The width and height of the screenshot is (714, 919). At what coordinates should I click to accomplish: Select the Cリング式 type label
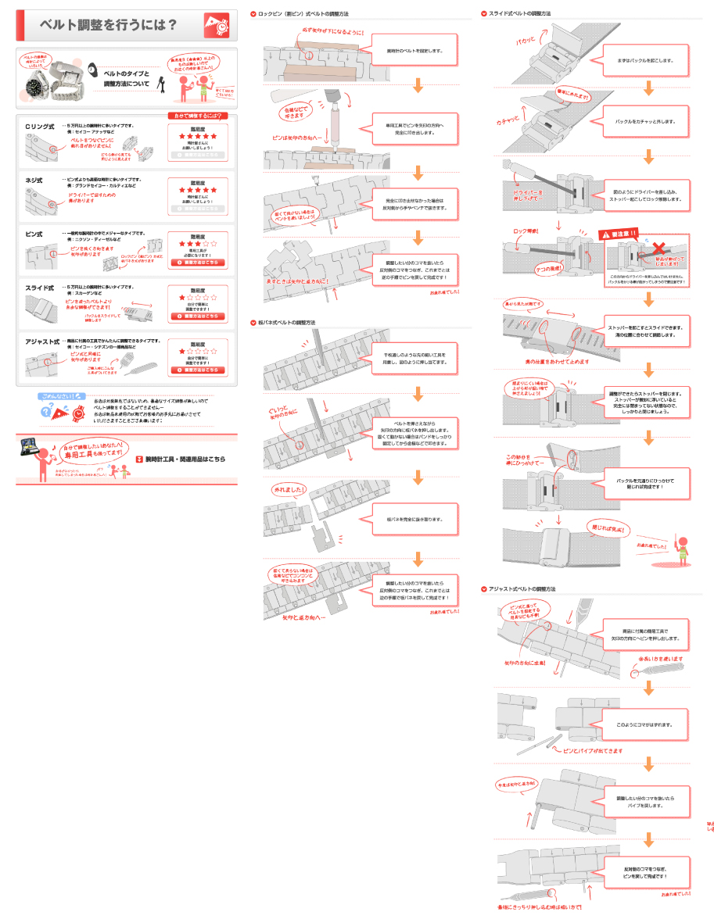pos(39,127)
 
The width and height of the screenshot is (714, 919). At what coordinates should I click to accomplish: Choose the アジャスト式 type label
pos(42,341)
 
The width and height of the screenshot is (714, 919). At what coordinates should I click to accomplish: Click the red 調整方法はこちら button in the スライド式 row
pos(198,316)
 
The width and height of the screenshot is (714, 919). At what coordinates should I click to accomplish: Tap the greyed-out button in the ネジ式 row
pos(198,209)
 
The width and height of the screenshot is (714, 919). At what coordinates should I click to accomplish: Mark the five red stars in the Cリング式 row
pos(198,136)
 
